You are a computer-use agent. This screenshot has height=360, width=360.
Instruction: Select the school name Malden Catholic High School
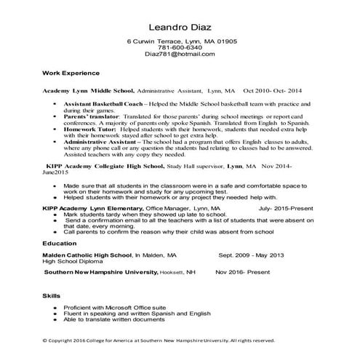pos(87,256)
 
